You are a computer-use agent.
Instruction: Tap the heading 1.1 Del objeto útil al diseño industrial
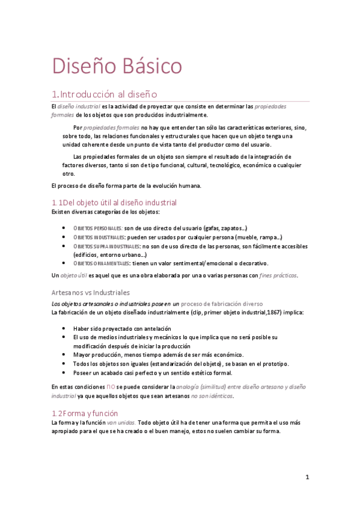(114, 202)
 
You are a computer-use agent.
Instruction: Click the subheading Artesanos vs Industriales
(91, 292)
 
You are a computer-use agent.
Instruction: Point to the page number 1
(307, 477)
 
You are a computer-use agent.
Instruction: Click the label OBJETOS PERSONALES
(97, 229)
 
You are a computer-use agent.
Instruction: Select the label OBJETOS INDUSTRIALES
(99, 238)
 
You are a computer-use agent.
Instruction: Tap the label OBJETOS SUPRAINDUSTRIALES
(106, 246)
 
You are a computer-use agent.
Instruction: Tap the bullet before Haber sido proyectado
(65, 329)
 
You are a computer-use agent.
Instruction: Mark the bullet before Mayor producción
(65, 355)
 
